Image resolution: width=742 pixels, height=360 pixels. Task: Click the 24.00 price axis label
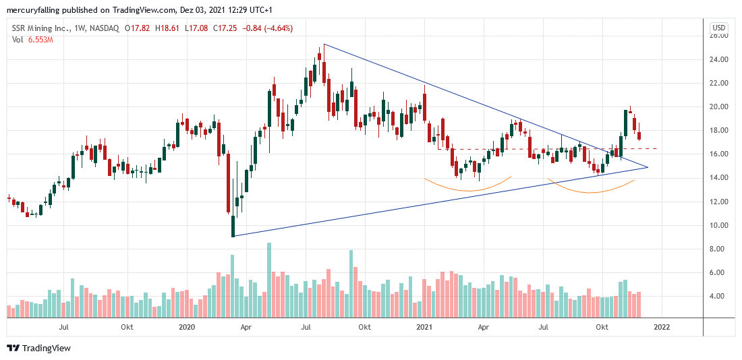719,59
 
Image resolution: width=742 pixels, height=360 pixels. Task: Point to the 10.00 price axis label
719,225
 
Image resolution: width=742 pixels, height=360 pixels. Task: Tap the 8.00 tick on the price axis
719,249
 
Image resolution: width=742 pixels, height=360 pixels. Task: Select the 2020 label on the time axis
186,327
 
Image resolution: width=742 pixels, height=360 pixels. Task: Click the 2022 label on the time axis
662,327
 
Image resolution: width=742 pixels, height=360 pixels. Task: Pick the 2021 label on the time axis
424,327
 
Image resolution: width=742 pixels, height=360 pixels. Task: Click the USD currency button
719,28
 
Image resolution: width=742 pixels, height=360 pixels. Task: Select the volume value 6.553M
40,40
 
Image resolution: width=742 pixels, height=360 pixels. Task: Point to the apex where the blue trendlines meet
648,167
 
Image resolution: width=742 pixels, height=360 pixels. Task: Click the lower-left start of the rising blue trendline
233,236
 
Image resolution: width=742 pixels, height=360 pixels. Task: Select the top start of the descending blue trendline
324,44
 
